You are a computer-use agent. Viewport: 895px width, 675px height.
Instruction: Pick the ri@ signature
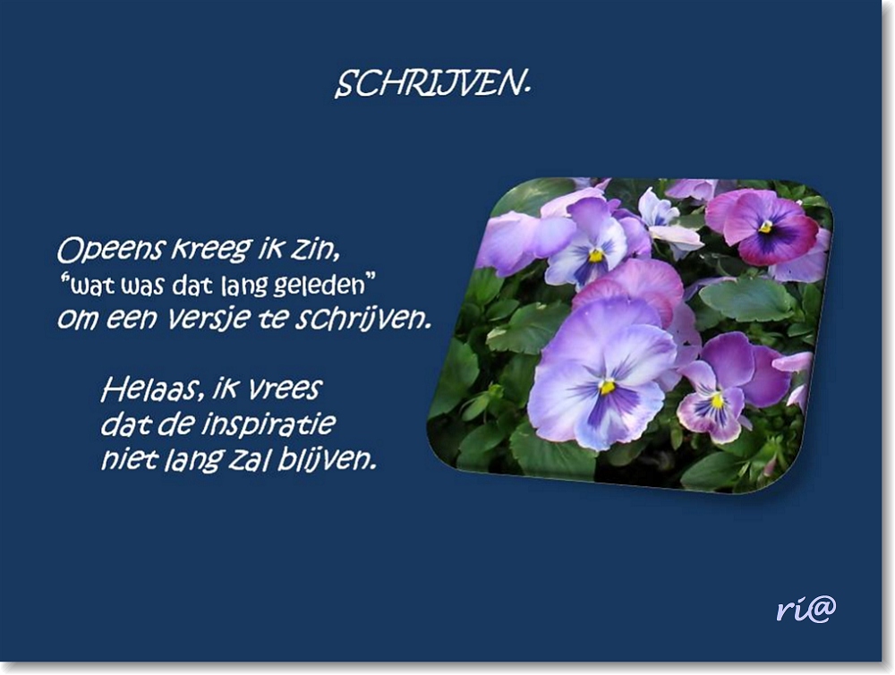pyautogui.click(x=805, y=609)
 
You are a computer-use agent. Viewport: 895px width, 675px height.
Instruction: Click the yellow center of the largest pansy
pyautogui.click(x=609, y=386)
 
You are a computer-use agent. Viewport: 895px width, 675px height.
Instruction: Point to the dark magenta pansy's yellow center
pyautogui.click(x=766, y=227)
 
